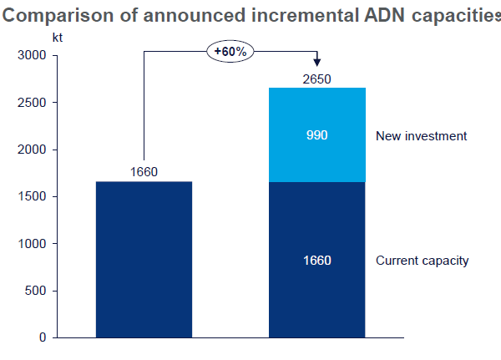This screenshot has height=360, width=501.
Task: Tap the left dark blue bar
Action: (144, 259)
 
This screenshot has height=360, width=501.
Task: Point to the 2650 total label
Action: (316, 79)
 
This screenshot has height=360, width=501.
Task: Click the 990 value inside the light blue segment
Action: (317, 135)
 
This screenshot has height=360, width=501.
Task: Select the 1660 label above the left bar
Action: (144, 173)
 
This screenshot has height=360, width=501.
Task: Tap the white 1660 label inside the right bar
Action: (317, 261)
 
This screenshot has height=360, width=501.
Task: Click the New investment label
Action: (421, 135)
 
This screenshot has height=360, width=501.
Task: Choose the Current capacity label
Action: (423, 261)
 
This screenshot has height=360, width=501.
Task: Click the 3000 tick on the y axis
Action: (31, 56)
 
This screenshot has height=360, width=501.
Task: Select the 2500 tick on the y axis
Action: (31, 103)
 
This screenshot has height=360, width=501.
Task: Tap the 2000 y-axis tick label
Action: (31, 150)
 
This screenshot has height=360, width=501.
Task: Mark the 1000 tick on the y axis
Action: (31, 244)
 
